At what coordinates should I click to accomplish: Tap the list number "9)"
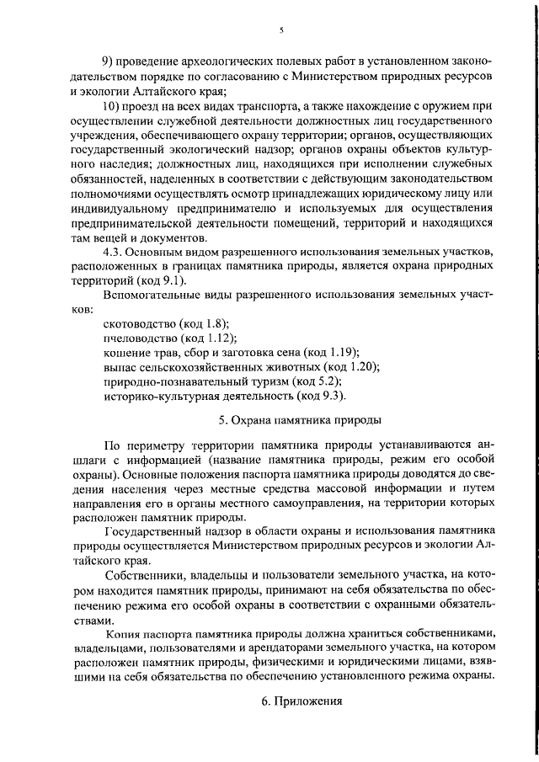[x=108, y=61]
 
